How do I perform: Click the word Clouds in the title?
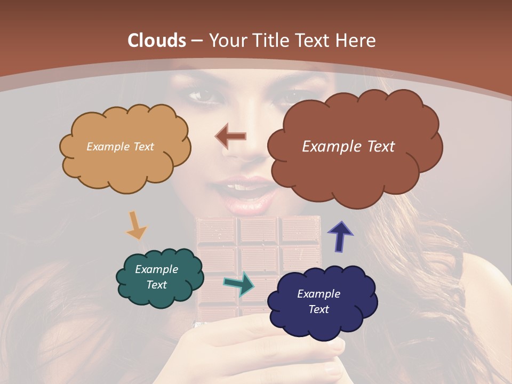click(x=157, y=41)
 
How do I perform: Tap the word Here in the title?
click(x=357, y=41)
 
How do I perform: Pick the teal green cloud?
click(x=159, y=278)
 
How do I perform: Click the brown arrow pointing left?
click(x=230, y=136)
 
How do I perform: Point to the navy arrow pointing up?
click(x=339, y=236)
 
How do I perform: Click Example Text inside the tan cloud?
click(x=120, y=147)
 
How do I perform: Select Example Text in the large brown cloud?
click(x=348, y=147)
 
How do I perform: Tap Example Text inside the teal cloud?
click(x=156, y=277)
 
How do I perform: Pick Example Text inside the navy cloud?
click(x=318, y=301)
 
